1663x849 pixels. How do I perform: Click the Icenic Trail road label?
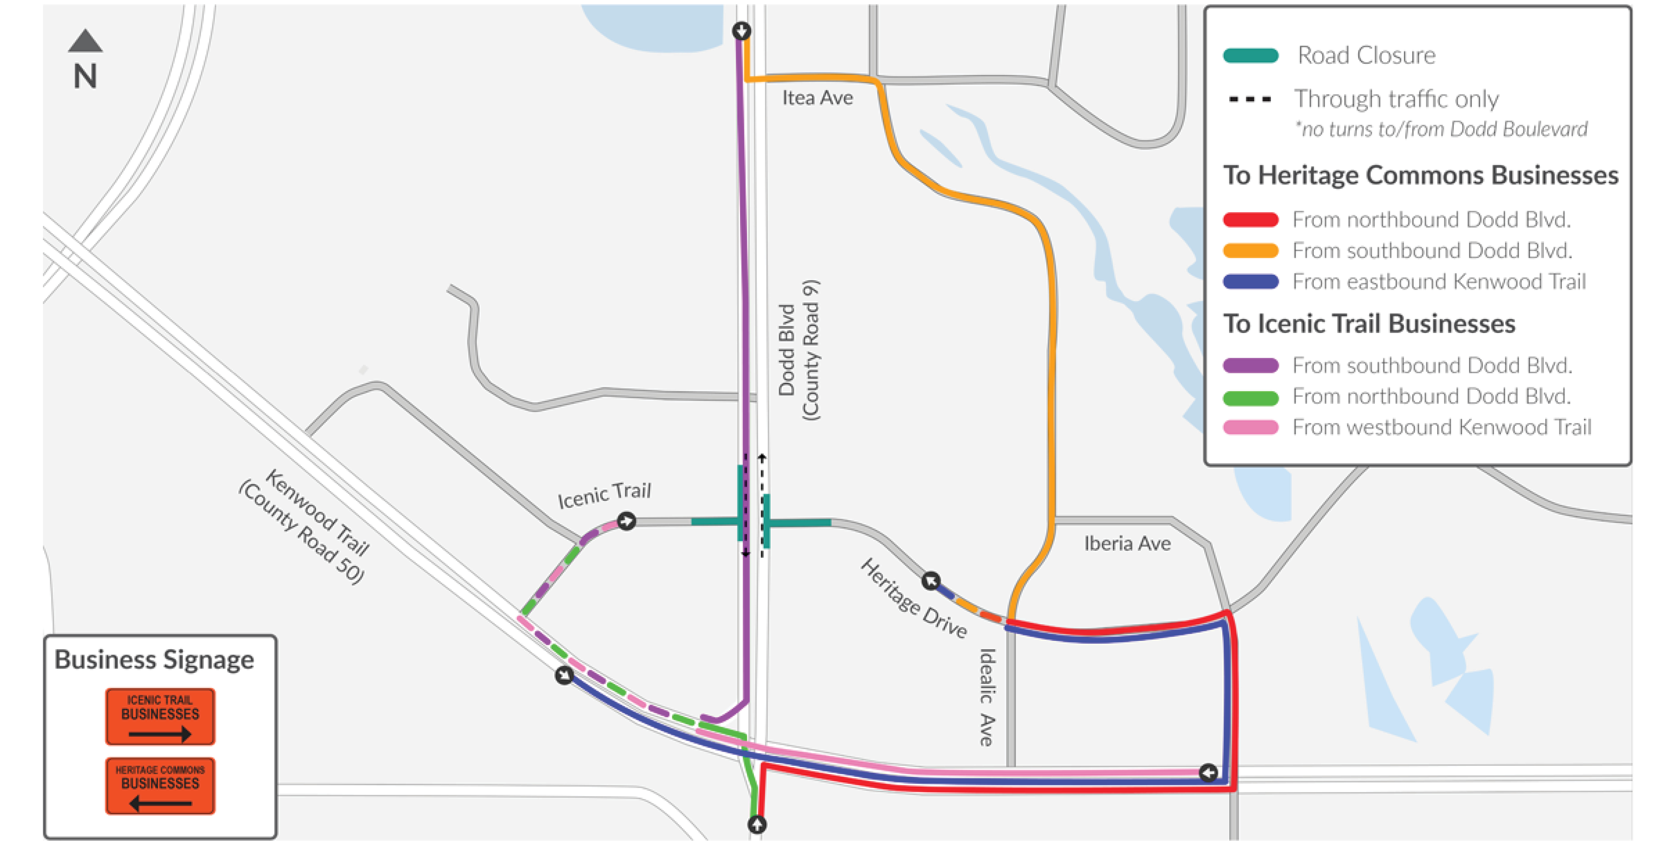[x=604, y=495]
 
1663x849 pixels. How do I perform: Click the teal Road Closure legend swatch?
[x=1251, y=56]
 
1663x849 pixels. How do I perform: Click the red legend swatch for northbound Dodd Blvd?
[x=1251, y=220]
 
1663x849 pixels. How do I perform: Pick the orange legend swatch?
[x=1251, y=251]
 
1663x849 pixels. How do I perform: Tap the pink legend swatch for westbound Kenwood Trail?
[x=1251, y=427]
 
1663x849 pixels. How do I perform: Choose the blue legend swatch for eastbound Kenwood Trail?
[x=1251, y=282]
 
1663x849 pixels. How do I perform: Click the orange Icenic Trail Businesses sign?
[x=160, y=716]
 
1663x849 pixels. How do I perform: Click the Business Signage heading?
[x=154, y=660]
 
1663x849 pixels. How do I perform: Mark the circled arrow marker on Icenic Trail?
[x=626, y=521]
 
